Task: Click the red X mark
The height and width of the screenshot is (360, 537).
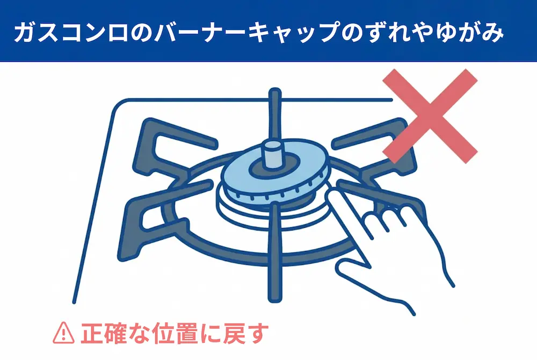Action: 430,116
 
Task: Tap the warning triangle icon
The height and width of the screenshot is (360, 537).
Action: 63,333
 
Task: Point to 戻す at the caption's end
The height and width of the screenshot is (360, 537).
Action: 246,333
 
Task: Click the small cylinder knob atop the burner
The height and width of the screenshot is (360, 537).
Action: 273,155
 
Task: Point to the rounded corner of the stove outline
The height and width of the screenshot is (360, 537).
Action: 118,106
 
